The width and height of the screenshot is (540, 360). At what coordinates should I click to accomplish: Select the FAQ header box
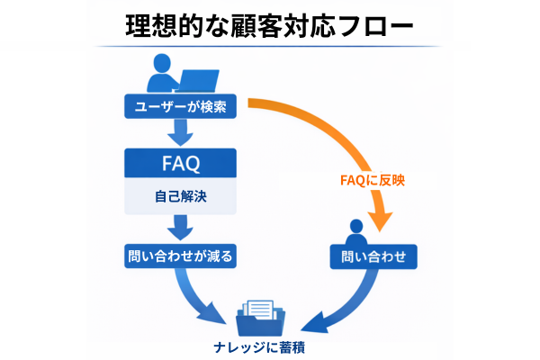[180, 164]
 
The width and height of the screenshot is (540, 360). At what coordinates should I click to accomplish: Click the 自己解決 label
[180, 196]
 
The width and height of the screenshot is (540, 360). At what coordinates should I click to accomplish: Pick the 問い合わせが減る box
[180, 256]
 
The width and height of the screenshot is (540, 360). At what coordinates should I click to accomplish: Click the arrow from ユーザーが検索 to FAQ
[180, 133]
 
